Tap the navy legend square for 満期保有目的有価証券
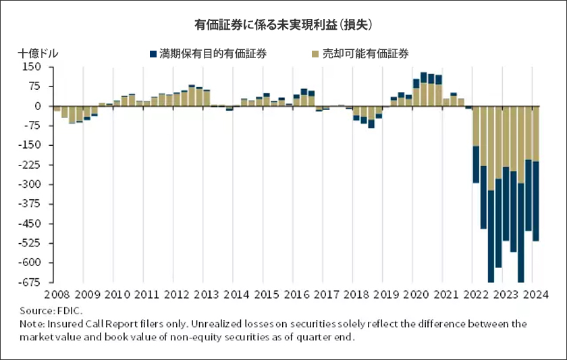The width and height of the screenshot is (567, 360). click(x=152, y=53)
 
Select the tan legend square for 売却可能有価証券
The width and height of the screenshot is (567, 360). click(x=315, y=53)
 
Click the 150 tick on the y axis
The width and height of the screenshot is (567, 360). click(x=32, y=67)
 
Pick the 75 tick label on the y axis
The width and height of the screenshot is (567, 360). click(x=34, y=86)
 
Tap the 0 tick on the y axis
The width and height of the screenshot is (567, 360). click(x=38, y=106)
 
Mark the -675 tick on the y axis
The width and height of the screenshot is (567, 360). click(x=29, y=282)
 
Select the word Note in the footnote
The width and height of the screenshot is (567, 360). click(x=30, y=324)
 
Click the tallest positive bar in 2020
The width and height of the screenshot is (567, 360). click(x=424, y=88)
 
